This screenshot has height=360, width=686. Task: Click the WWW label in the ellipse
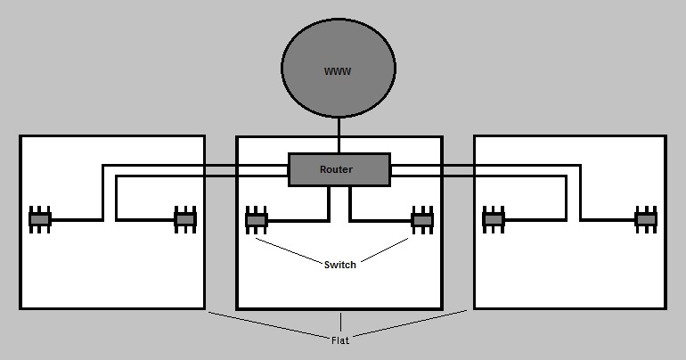tap(338, 71)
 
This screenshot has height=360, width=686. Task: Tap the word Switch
tap(339, 265)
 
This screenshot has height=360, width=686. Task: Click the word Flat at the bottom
tap(339, 339)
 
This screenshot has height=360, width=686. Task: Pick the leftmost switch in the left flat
tap(40, 218)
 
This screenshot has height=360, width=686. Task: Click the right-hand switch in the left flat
tap(184, 218)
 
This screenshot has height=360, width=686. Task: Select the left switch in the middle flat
tap(257, 218)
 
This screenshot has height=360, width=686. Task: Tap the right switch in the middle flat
tap(422, 218)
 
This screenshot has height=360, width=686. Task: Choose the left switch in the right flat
tap(494, 218)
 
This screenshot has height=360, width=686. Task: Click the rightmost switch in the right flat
tap(646, 218)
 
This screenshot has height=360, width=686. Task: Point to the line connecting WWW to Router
tap(339, 135)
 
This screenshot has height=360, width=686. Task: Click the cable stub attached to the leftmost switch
tap(76, 218)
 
